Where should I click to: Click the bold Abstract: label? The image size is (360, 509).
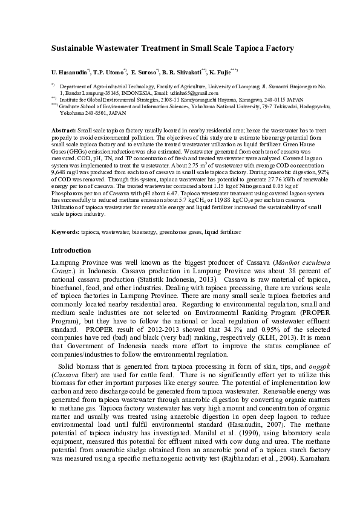64,130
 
